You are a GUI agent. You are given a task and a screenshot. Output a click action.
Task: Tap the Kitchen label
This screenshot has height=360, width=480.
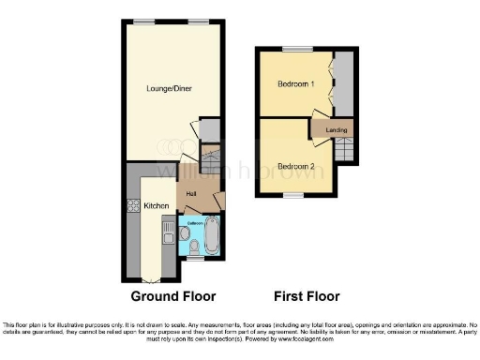click(155, 205)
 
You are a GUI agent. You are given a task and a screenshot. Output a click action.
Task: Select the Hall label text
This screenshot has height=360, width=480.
click(191, 193)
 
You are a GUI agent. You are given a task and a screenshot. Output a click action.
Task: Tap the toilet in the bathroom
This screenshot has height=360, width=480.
click(192, 247)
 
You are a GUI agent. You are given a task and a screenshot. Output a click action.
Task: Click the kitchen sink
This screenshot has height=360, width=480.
click(169, 230)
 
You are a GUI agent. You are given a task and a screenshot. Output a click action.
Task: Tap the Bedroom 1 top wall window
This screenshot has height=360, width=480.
click(297, 48)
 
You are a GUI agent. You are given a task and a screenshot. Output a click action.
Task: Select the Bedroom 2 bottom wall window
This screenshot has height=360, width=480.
click(294, 196)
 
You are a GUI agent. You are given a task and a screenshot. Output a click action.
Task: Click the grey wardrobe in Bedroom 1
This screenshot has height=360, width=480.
click(343, 83)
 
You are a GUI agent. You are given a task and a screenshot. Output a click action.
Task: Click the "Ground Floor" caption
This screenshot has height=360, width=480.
click(172, 296)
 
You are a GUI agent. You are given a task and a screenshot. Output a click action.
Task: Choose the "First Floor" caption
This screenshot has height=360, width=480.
click(306, 296)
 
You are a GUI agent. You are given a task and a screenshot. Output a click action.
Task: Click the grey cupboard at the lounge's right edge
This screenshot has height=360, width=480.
click(212, 129)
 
